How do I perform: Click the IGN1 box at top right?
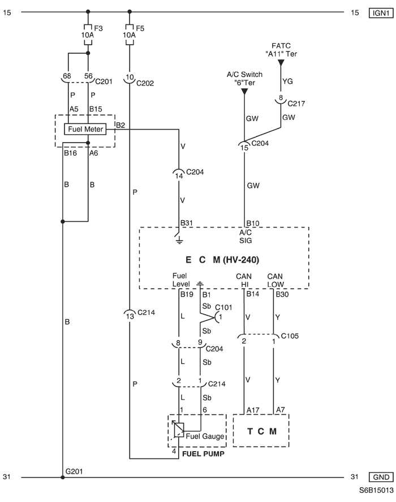click(381, 13)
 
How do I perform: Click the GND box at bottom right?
click(381, 477)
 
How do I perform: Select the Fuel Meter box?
click(85, 129)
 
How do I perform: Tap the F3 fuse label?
click(98, 28)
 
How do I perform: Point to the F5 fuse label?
click(140, 28)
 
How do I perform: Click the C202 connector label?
click(145, 83)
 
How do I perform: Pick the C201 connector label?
click(104, 81)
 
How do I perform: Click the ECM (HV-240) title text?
click(222, 260)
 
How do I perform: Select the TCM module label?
click(262, 431)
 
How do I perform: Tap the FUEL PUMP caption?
click(203, 454)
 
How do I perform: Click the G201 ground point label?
click(74, 471)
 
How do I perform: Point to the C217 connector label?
click(296, 104)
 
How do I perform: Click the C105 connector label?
click(290, 336)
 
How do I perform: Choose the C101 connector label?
click(223, 307)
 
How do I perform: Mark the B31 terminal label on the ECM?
click(187, 223)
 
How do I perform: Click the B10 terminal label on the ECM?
click(252, 223)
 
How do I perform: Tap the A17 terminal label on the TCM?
click(253, 410)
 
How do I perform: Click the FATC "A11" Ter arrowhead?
click(281, 63)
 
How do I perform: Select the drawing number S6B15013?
click(376, 491)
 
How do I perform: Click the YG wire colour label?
click(287, 81)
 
